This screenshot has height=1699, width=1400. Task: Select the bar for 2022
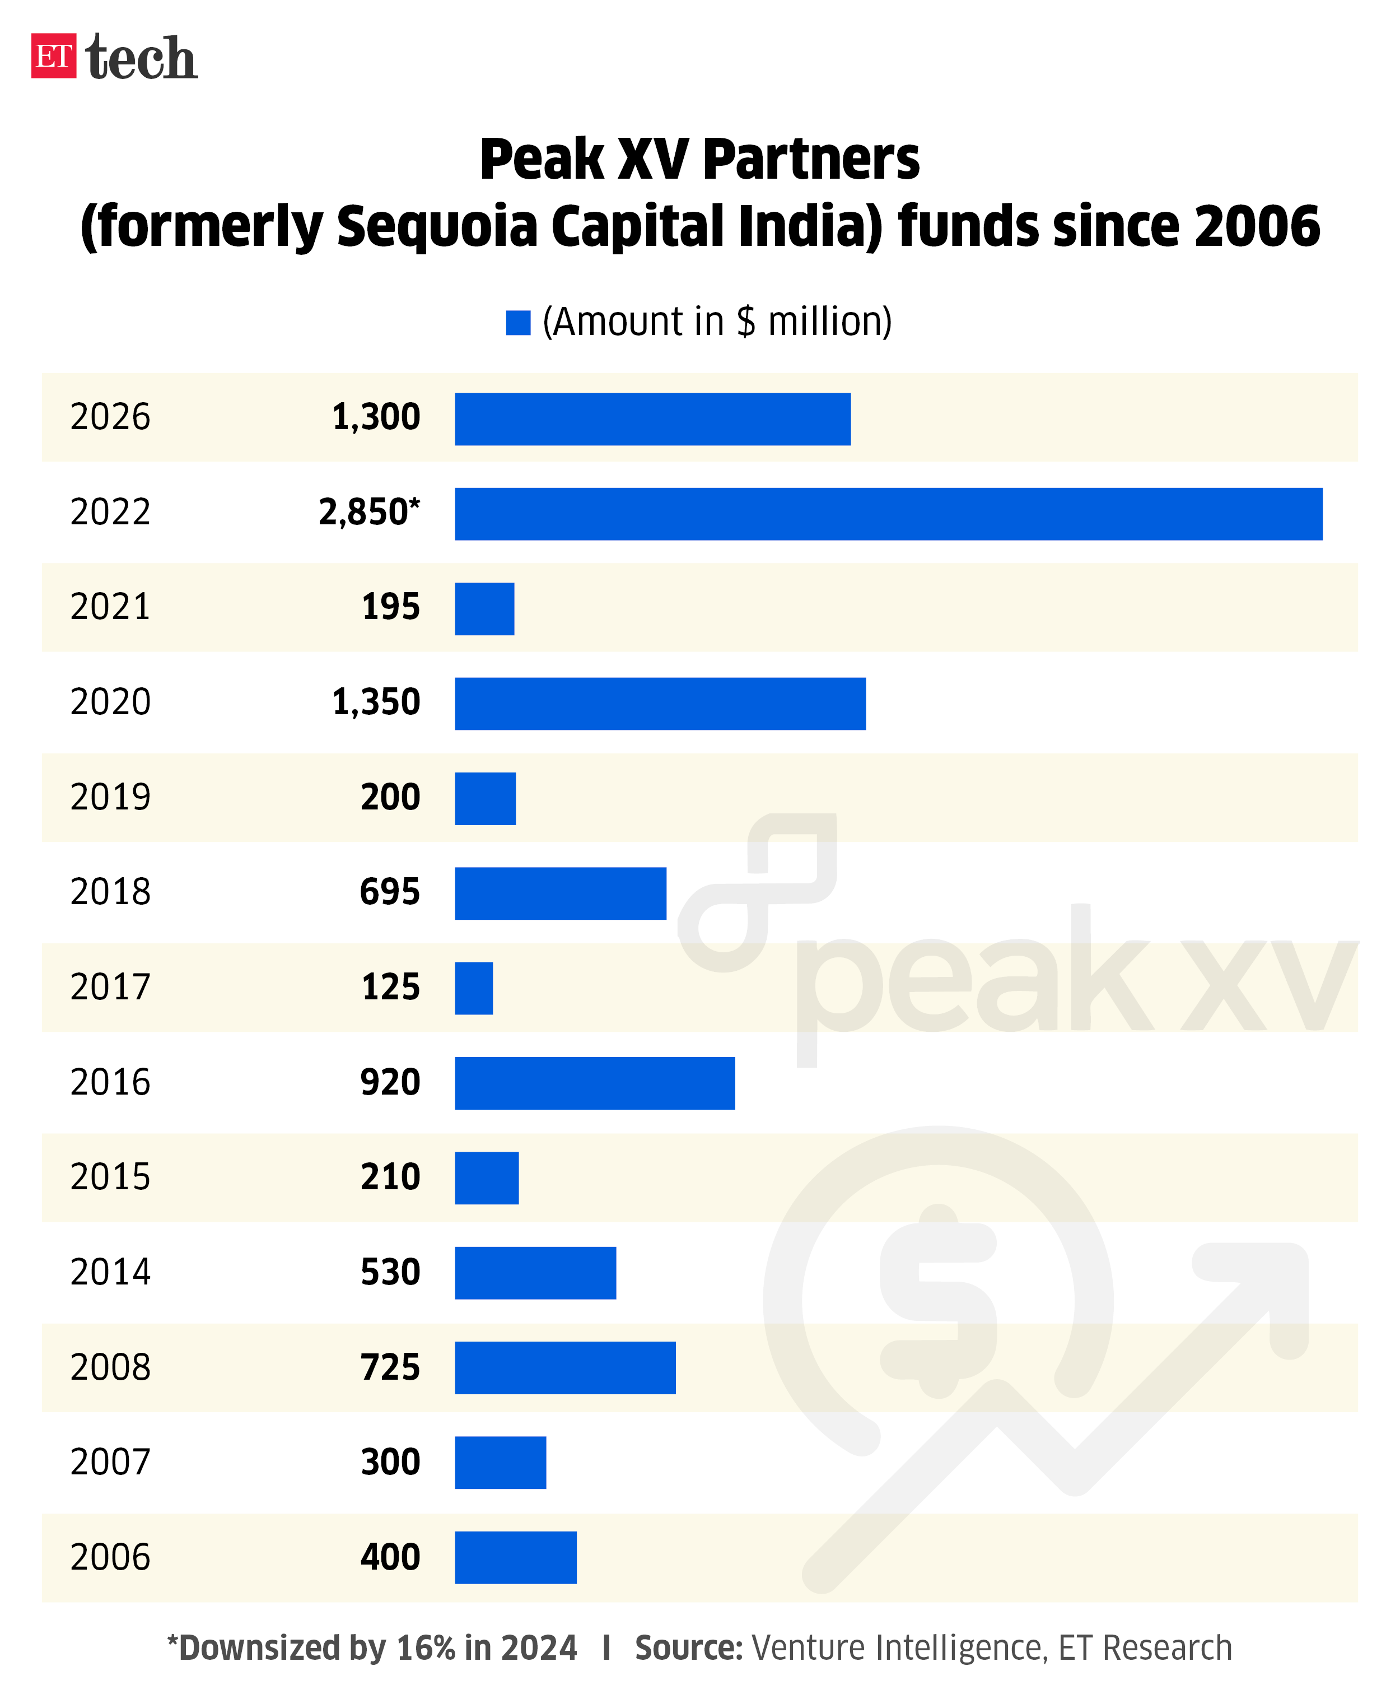tap(888, 513)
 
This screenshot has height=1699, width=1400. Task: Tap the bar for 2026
tap(652, 418)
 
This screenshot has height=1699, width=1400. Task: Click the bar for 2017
tap(473, 988)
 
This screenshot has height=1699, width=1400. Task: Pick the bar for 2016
tap(594, 1083)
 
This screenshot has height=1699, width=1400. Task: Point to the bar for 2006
tap(515, 1557)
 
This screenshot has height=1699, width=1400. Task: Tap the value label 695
tap(390, 891)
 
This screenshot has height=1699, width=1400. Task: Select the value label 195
tap(390, 607)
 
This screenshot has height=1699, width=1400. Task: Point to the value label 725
tap(390, 1367)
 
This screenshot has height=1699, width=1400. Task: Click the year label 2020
tap(110, 702)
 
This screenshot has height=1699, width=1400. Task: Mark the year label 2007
tap(110, 1462)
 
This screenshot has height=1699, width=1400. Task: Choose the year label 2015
tap(110, 1177)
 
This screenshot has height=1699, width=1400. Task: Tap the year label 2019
tap(110, 797)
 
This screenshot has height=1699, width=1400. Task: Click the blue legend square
tap(518, 323)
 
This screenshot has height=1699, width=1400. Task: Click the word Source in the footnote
tap(688, 1648)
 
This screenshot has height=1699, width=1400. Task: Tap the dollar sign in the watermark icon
tap(937, 1301)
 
